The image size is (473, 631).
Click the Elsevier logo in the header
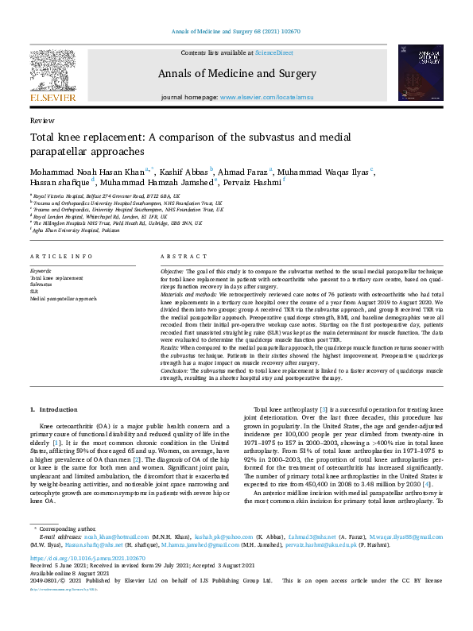[53, 76]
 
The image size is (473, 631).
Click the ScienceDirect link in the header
[273, 52]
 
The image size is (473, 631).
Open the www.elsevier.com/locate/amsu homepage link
[266, 97]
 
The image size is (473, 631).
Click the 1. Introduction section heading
[55, 409]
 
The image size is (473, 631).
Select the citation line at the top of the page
[236, 32]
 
